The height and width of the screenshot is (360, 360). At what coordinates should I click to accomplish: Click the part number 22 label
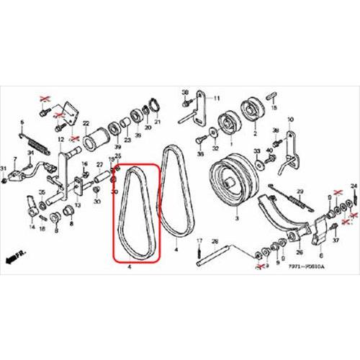(x=86, y=123)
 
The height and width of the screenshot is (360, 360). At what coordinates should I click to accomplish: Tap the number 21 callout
(x=158, y=121)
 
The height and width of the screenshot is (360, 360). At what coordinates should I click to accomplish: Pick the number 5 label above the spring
(x=22, y=122)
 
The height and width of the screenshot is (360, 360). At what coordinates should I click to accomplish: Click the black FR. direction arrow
(x=11, y=256)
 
